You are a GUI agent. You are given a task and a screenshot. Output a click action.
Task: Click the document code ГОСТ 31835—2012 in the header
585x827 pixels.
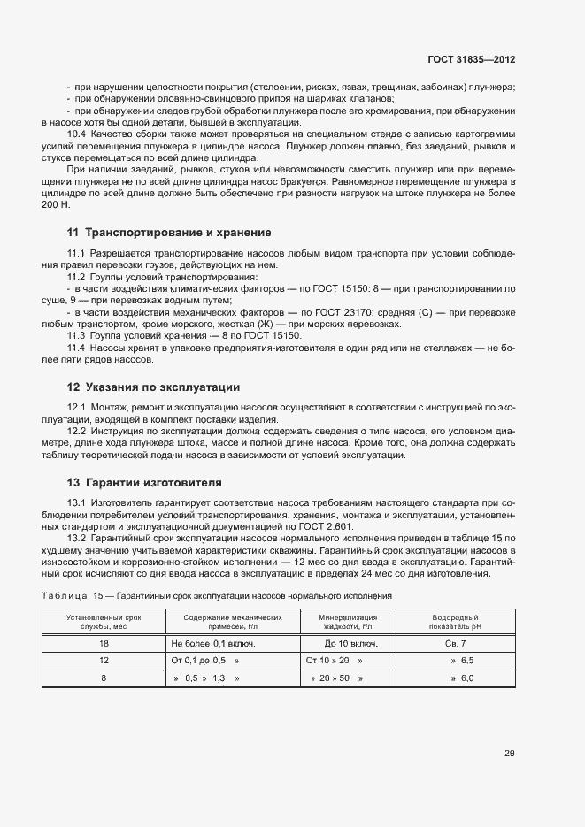point(470,59)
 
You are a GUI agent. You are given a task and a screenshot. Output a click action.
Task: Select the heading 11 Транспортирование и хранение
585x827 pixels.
point(168,233)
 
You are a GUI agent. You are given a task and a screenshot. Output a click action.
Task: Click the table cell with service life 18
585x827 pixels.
point(104,643)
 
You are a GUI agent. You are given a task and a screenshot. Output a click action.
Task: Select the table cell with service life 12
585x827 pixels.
point(104,660)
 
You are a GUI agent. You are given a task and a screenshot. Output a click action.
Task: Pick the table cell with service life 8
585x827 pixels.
point(104,678)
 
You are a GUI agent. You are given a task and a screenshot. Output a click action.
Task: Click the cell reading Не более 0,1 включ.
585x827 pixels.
point(212,643)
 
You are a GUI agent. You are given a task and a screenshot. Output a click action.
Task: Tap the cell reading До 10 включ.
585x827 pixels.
point(351,643)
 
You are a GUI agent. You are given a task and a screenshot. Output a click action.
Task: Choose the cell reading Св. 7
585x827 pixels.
point(461,643)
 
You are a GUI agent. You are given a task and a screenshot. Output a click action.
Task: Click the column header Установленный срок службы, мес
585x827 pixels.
point(104,621)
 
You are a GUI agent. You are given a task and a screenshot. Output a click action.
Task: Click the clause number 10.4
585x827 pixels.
point(77,134)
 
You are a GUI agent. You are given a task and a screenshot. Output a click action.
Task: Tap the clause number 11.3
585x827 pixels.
point(77,336)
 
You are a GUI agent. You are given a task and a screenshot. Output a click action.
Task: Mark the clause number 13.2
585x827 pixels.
point(77,538)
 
